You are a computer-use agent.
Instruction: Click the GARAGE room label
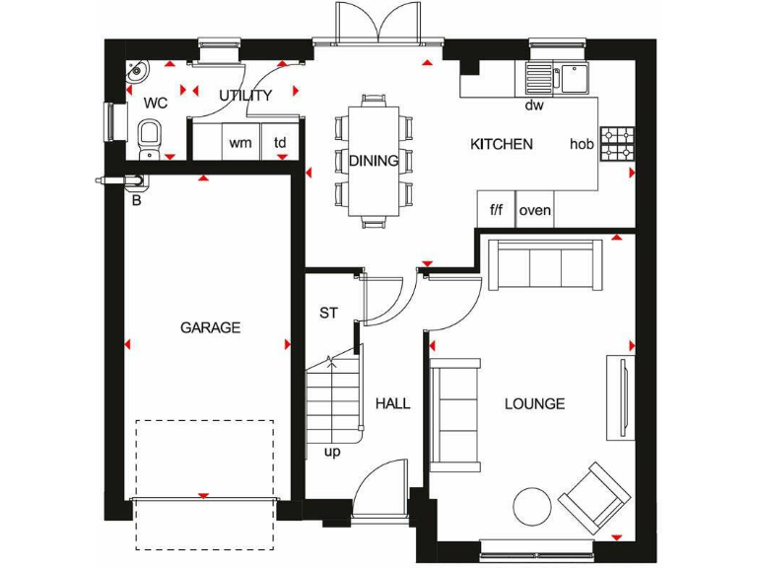210,327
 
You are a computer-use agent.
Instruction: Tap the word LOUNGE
534,403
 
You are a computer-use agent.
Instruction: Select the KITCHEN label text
501,144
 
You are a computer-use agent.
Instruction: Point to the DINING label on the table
374,161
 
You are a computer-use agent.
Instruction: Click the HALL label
392,403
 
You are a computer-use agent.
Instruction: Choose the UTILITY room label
245,96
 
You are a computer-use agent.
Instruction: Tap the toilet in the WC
149,137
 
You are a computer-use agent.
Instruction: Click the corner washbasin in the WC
136,71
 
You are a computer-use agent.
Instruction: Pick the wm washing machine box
240,143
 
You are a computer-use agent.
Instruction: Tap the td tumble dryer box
280,143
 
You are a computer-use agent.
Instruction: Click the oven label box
534,210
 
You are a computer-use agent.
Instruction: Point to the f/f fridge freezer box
496,210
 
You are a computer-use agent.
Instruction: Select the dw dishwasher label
534,105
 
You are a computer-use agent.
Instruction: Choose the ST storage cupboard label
328,314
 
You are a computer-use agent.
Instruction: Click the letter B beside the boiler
136,199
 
